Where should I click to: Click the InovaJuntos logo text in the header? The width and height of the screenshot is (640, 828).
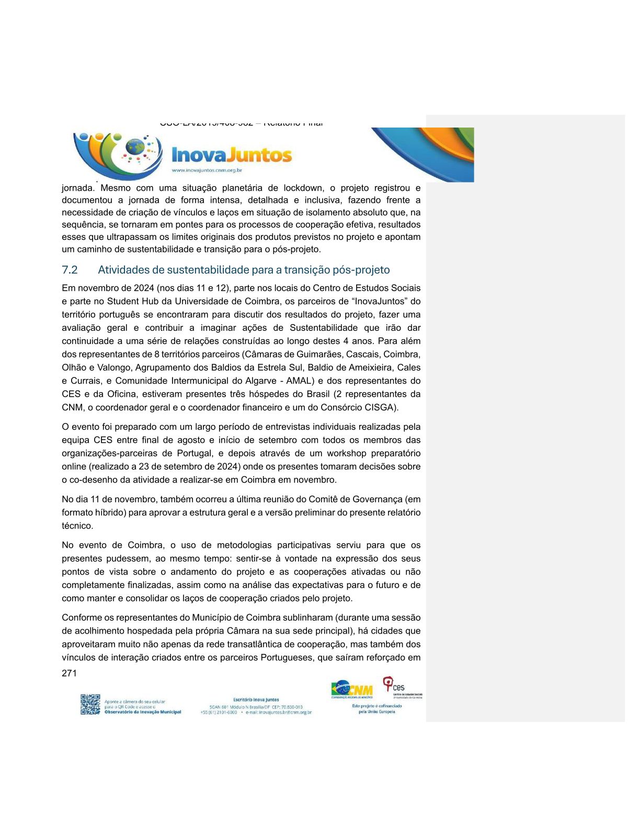pos(231,155)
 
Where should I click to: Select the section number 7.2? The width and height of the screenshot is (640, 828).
pos(70,270)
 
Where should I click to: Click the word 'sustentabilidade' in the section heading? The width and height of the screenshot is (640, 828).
pos(199,270)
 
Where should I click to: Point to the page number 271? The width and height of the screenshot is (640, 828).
pos(69,673)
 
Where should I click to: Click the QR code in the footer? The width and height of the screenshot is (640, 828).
pos(90,704)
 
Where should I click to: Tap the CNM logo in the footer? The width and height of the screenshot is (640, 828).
pos(352,689)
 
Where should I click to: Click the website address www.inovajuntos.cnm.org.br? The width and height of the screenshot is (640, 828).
pos(207,170)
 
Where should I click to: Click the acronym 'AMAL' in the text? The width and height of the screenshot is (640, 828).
pos(300,381)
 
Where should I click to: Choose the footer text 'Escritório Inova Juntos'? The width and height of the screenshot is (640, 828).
pos(256,699)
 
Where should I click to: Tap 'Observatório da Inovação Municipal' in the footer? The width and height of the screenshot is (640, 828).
pos(143,712)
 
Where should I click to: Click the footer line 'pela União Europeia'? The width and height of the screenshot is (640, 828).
pos(376,711)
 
